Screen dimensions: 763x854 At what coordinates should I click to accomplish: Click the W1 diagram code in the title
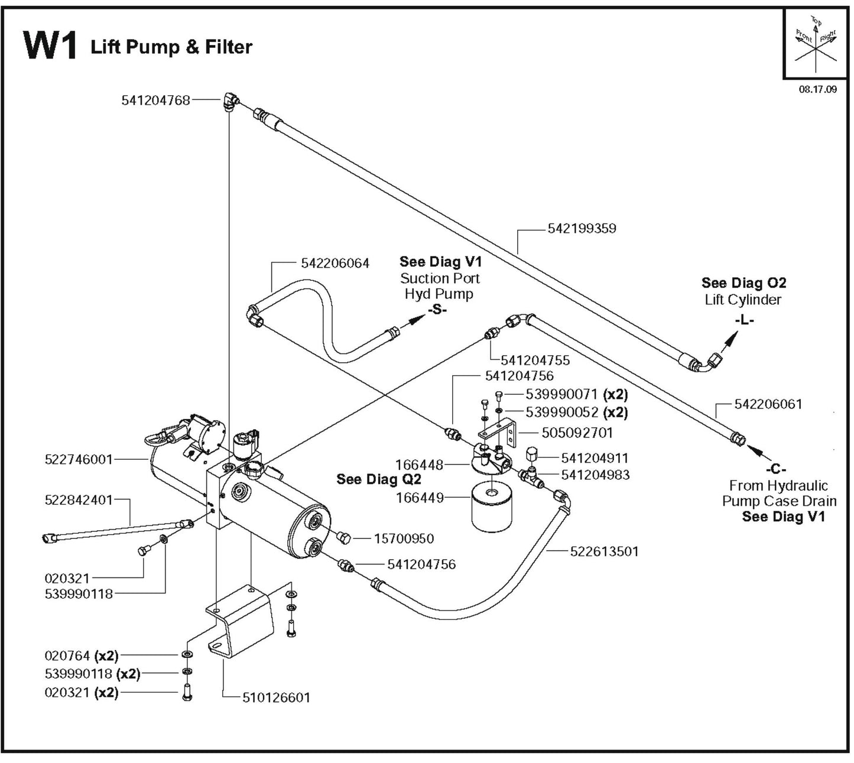click(50, 46)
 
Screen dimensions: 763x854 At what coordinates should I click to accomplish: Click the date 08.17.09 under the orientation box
click(817, 90)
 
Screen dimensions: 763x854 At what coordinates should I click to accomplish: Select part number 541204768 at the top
click(156, 100)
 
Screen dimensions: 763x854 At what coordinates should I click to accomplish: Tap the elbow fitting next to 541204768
click(230, 102)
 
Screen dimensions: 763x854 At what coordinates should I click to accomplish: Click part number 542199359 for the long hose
click(582, 228)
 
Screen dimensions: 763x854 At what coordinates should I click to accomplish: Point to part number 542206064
click(335, 263)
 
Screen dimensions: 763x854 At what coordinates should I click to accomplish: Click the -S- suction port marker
click(437, 310)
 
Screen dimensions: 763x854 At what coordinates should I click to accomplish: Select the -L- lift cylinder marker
click(744, 320)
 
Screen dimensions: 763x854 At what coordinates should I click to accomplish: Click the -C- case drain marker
click(775, 469)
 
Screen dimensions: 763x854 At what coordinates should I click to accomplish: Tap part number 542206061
click(768, 404)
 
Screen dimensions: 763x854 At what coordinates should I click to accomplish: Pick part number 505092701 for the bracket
click(577, 433)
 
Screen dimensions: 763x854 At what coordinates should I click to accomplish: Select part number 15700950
click(404, 538)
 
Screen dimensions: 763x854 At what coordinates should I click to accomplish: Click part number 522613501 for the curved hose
click(604, 551)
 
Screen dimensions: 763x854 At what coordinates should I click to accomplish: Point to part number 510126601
click(276, 697)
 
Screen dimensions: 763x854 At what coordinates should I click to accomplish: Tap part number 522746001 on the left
click(79, 459)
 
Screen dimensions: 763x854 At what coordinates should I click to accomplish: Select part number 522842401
click(79, 500)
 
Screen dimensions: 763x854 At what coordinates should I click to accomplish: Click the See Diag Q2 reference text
click(378, 479)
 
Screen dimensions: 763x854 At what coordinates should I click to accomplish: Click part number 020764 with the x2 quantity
click(67, 655)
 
